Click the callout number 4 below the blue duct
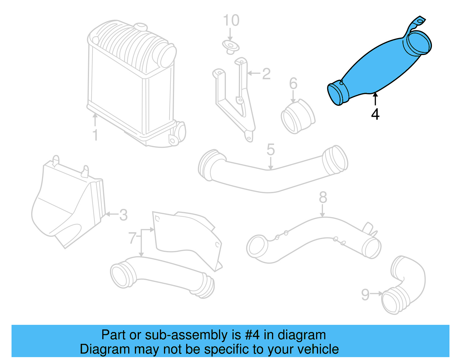(375, 114)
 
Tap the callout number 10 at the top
(231, 20)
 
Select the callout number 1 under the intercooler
(95, 135)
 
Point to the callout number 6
(293, 84)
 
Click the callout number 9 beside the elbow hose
(365, 295)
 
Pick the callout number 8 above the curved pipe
(323, 197)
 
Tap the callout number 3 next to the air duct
(123, 215)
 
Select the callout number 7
(132, 238)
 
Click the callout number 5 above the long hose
(271, 150)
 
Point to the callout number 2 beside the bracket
(266, 74)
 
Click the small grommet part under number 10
(231, 47)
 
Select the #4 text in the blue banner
(252, 335)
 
